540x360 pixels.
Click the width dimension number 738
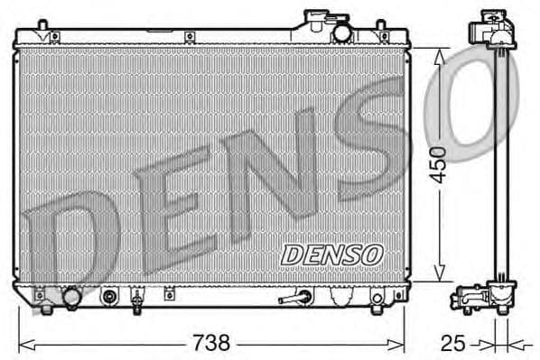pyautogui.click(x=214, y=344)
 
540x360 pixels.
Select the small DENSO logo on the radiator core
pyautogui.click(x=331, y=255)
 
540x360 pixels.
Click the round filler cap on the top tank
pyautogui.click(x=342, y=32)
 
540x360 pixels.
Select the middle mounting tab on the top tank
pyautogui.click(x=190, y=37)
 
